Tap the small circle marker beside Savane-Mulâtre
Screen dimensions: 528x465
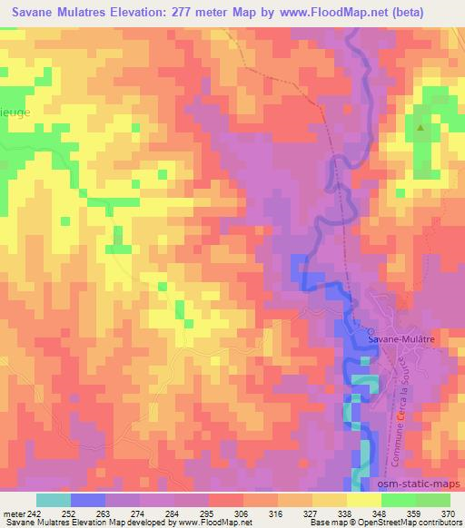pos(371,328)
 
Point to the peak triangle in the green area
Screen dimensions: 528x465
pos(420,128)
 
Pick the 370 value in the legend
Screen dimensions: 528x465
pos(445,512)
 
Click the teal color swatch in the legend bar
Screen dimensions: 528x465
pos(53,500)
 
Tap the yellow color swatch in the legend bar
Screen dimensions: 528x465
pos(363,500)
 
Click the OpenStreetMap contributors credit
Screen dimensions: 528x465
pos(404,523)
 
